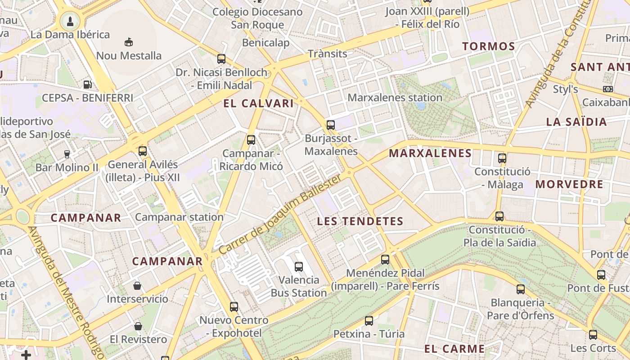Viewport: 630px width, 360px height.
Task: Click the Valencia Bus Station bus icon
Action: tap(299, 266)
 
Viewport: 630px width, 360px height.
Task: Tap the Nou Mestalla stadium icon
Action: tap(129, 42)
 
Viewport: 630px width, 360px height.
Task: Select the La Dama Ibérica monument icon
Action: tap(70, 20)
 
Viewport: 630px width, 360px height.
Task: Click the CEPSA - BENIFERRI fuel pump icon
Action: tap(88, 84)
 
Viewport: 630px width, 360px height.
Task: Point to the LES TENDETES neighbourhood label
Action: tap(360, 221)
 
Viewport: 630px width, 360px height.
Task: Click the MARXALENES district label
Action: tap(430, 153)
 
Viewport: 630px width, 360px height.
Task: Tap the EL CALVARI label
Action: tap(258, 103)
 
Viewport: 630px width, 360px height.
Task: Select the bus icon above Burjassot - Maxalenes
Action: tap(331, 125)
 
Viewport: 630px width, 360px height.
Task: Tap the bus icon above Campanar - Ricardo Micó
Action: tap(251, 140)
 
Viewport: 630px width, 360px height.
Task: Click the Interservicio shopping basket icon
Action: tap(137, 286)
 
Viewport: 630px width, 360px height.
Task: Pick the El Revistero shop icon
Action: tap(138, 326)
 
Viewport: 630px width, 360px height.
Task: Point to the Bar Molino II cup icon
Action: tap(67, 154)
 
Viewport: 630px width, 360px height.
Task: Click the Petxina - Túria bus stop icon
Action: tap(369, 321)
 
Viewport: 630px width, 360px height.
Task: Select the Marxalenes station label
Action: tap(395, 97)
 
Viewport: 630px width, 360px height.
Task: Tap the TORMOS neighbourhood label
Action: tap(488, 46)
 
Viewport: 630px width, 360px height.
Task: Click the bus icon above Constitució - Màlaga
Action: tap(502, 158)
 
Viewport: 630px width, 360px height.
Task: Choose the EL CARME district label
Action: tap(454, 349)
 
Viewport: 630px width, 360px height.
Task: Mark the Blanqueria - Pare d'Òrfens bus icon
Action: tap(521, 289)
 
